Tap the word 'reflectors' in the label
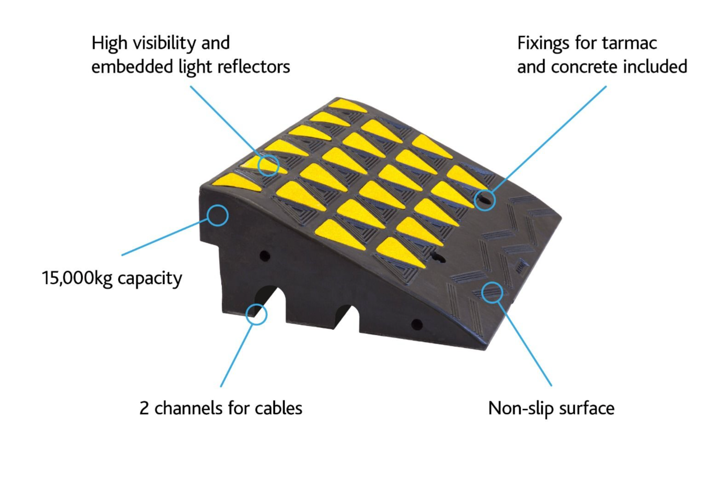[x=253, y=67]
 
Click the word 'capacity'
[x=150, y=279]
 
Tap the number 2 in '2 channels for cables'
[x=144, y=408]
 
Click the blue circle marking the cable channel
[x=257, y=314]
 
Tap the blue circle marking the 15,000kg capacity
[x=218, y=215]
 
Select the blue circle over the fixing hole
[x=485, y=199]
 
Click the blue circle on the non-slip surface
[x=492, y=293]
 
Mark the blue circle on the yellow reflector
[x=268, y=165]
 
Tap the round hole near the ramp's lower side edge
[x=417, y=324]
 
